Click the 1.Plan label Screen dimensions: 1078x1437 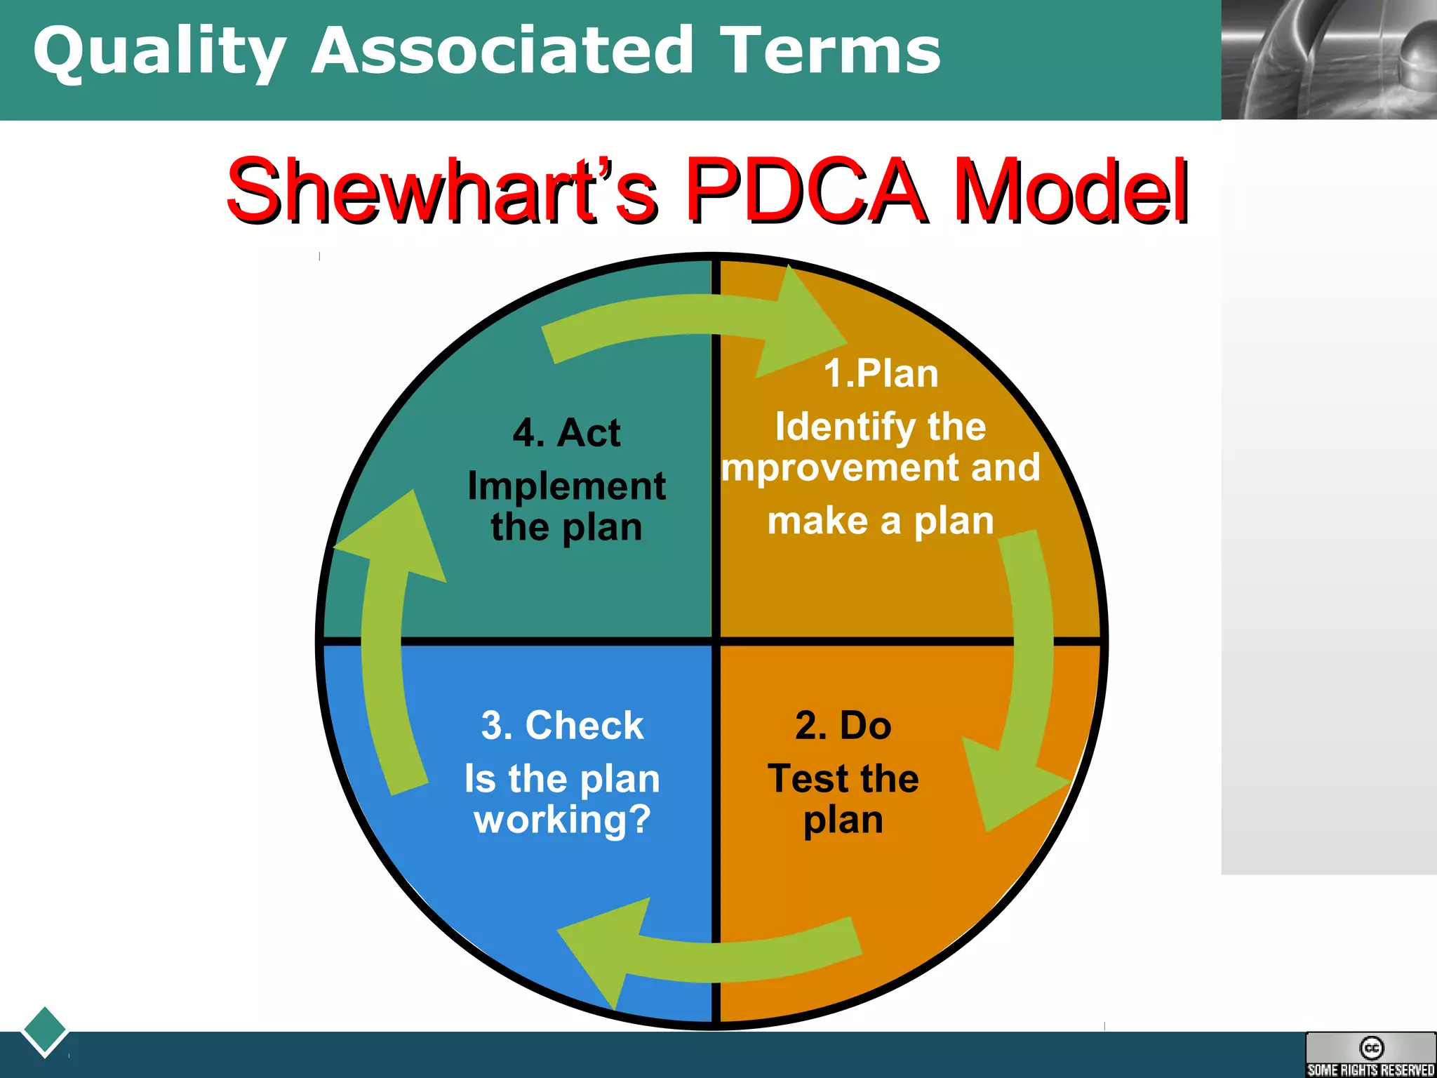pos(881,373)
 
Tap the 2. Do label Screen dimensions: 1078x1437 pos(843,725)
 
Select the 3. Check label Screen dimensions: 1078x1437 pos(562,725)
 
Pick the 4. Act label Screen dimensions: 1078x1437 pos(566,432)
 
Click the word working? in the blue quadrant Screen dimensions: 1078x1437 pos(562,819)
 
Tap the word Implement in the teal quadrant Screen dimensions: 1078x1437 pos(566,486)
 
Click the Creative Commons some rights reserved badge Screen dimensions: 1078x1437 pos(1370,1054)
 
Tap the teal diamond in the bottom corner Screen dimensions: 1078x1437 pos(45,1031)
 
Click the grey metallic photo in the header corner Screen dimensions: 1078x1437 pos(1329,60)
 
